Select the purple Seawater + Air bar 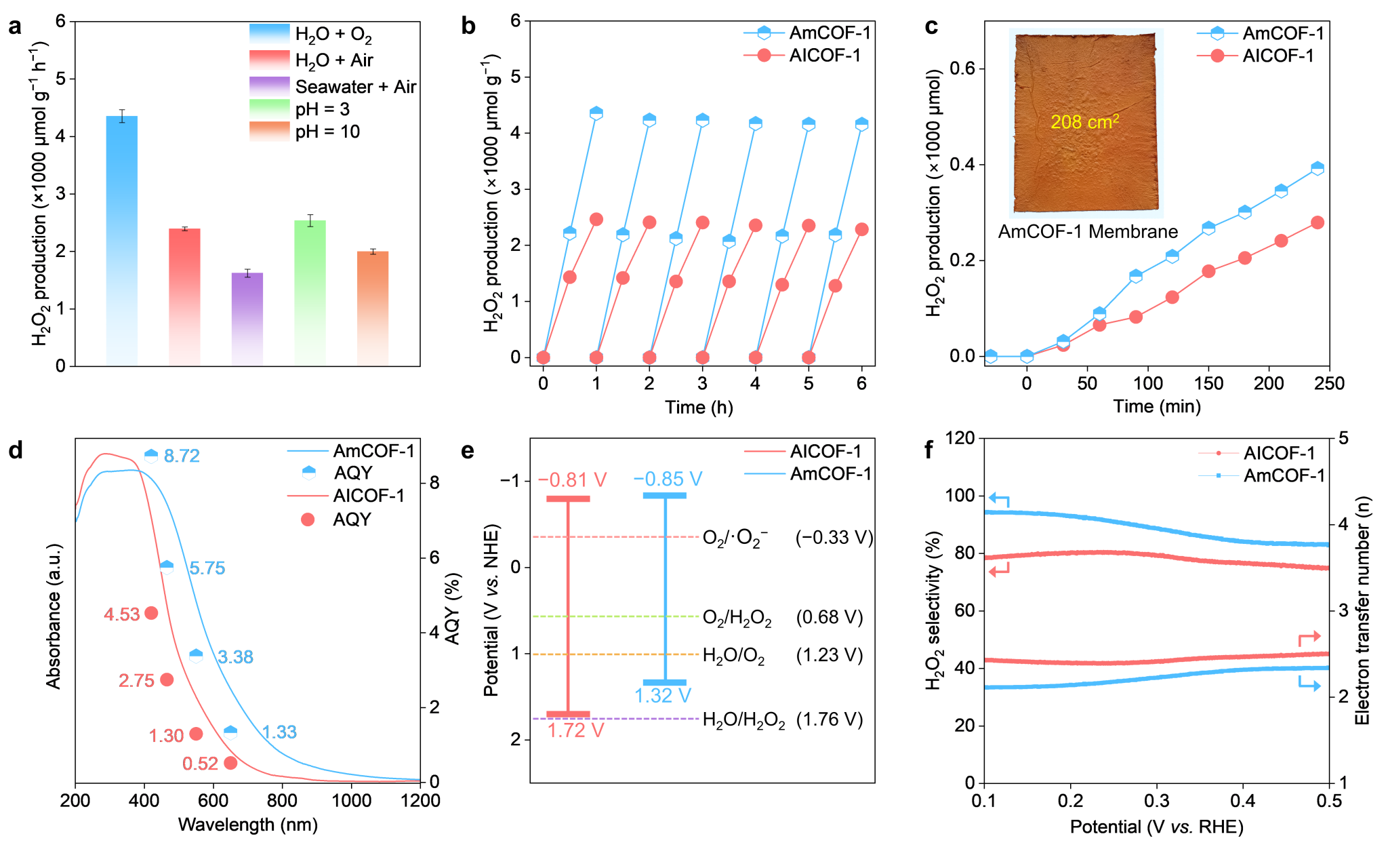247,319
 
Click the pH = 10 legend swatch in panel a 269,131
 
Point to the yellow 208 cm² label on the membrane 1084,122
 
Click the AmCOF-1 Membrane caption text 1088,232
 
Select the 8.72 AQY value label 182,456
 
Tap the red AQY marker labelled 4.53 152,613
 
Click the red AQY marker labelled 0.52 230,763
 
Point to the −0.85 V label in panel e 668,479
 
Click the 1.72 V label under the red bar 575,730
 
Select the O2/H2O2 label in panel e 737,618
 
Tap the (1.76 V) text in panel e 830,720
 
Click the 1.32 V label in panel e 662,696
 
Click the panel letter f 929,450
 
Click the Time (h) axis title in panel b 699,407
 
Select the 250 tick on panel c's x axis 1329,384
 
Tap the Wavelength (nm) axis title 247,825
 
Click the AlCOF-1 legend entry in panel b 825,56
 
